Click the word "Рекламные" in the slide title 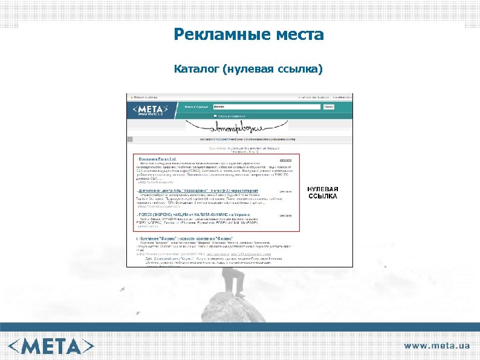tap(211, 35)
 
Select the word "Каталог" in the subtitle tap(196, 70)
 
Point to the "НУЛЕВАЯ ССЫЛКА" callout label tap(323, 193)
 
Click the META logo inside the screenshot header tap(152, 108)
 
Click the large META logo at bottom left tap(51, 345)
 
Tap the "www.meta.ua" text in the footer tap(436, 345)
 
